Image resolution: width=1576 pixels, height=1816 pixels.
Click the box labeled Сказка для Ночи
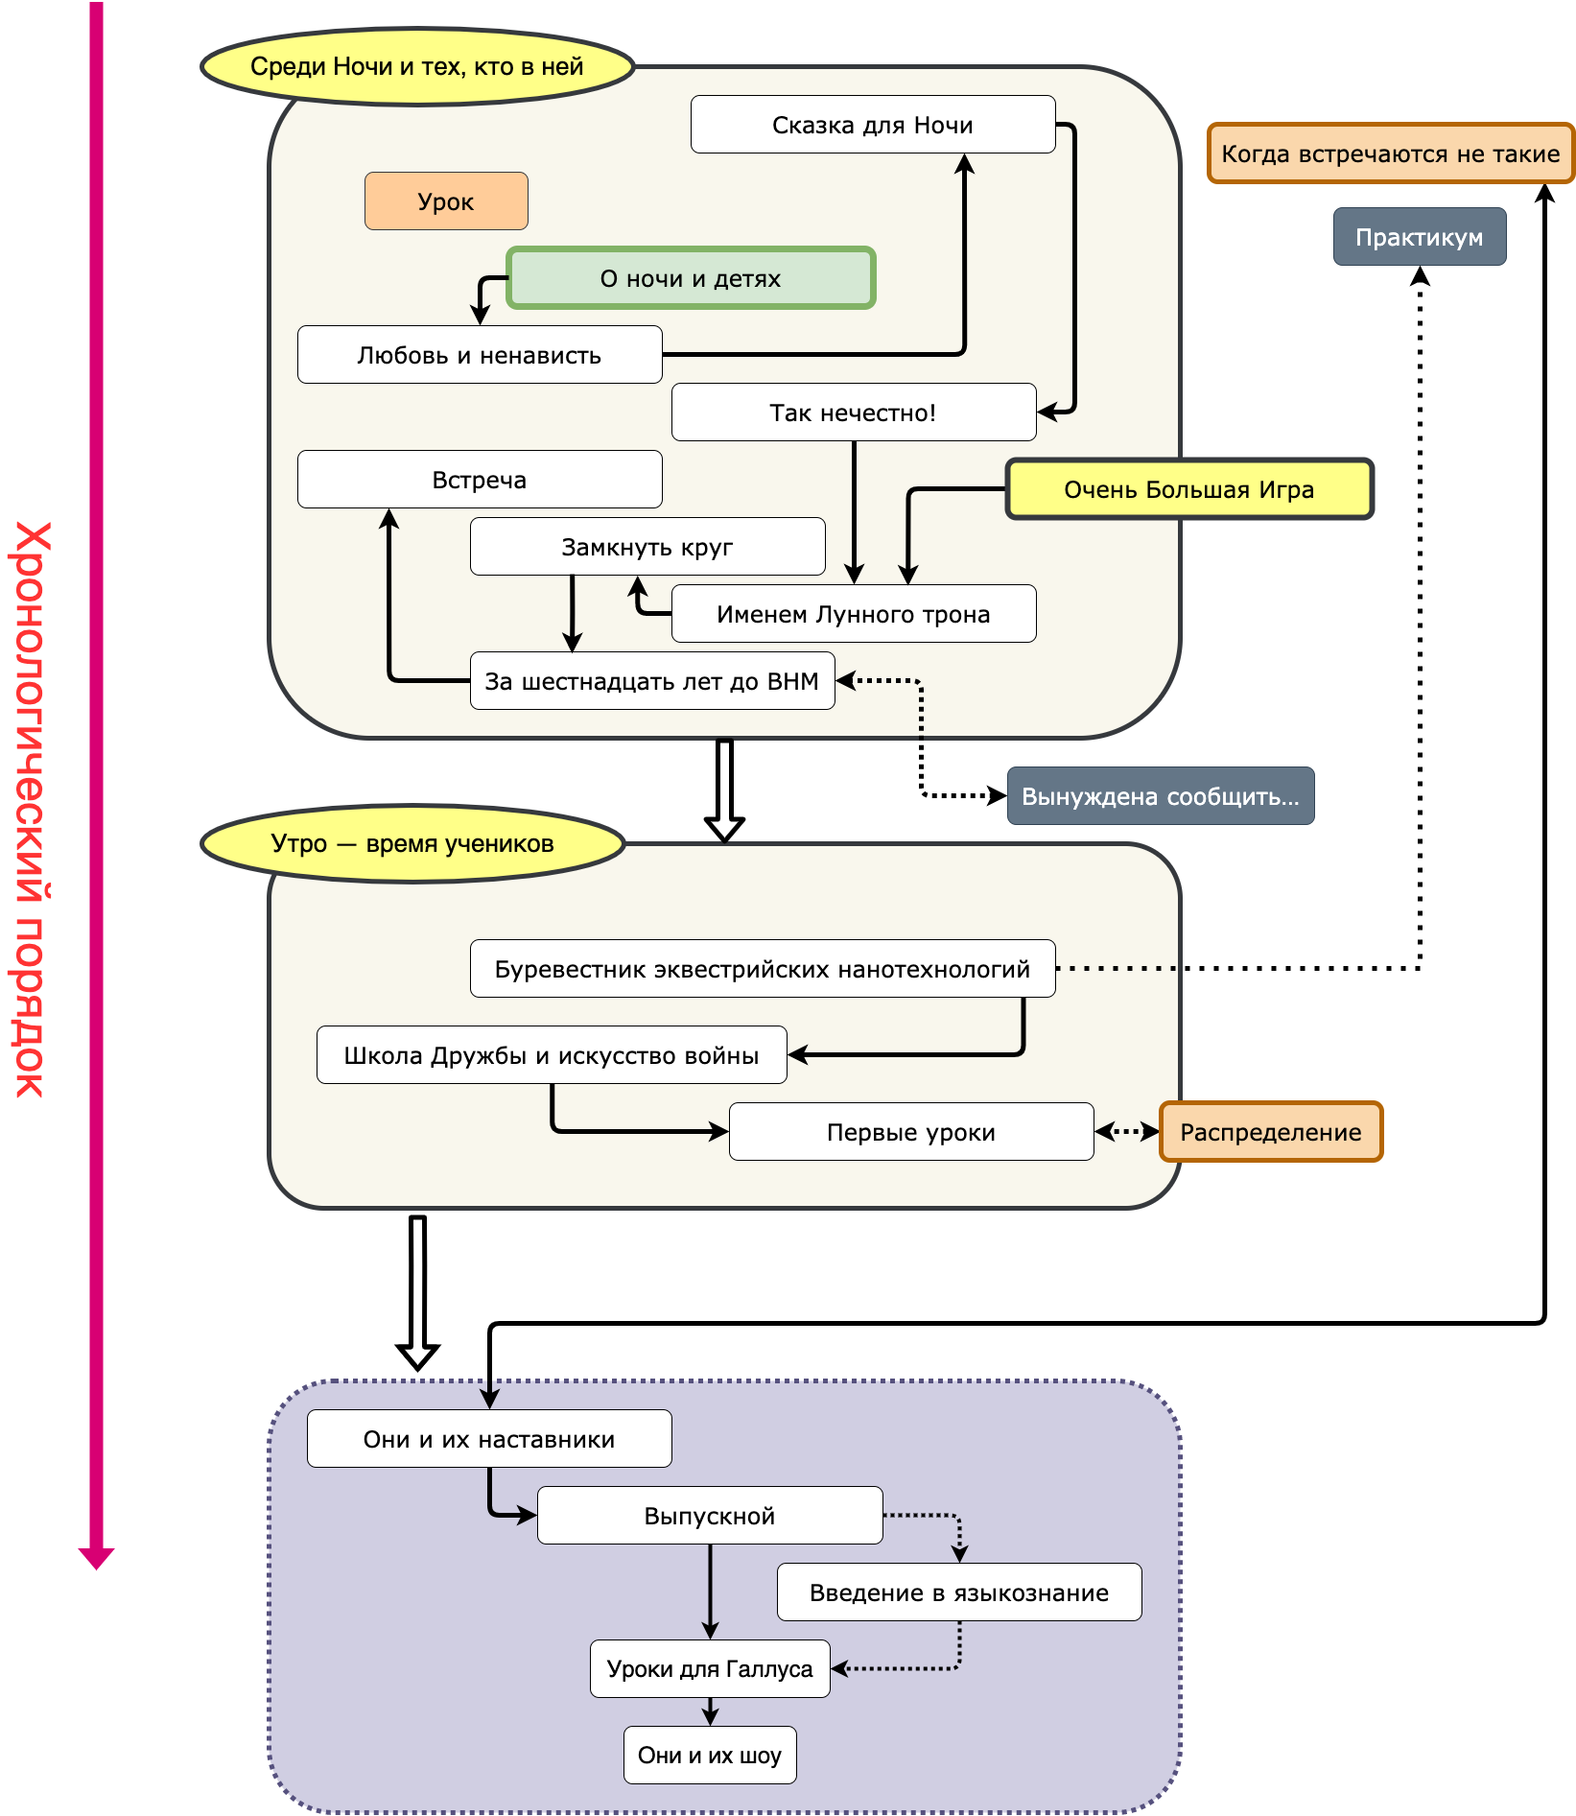[873, 125]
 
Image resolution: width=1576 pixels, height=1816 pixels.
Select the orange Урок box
[446, 201]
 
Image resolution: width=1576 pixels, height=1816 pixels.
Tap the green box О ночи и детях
[691, 278]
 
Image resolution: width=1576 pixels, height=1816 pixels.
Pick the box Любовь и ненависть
[480, 355]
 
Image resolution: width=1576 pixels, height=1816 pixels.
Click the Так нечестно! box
[854, 413]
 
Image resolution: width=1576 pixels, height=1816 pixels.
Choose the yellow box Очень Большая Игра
[1189, 489]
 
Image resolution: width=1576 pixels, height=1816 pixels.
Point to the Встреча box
[480, 480]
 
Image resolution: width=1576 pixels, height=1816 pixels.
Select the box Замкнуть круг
[647, 547]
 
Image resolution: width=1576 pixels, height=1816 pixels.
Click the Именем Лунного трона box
[854, 614]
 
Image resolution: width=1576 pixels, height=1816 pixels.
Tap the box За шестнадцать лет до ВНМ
[652, 681]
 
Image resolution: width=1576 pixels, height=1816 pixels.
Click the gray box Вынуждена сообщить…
[1161, 796]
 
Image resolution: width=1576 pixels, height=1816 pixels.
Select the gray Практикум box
[1420, 237]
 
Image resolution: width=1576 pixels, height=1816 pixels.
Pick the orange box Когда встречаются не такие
[1391, 153]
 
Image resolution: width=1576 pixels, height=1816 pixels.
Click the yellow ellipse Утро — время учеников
[412, 843]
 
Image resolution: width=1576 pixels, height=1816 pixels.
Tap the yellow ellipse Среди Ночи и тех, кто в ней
[417, 66]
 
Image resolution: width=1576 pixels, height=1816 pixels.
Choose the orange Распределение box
[1271, 1132]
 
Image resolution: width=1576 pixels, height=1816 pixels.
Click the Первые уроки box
[911, 1132]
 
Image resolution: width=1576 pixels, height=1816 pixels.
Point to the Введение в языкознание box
[959, 1592]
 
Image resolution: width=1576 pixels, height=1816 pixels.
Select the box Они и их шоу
[710, 1756]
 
